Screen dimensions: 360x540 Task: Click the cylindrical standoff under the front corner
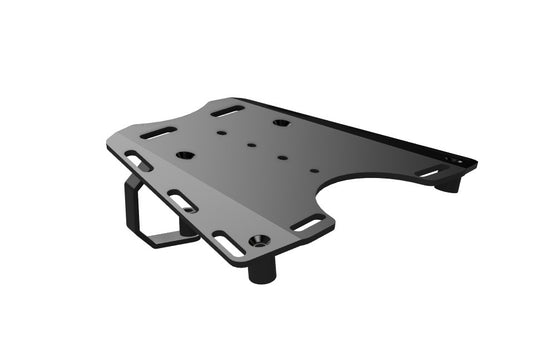point(262,268)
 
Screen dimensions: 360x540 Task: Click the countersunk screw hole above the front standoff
point(260,241)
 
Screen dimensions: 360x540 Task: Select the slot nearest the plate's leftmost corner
point(134,158)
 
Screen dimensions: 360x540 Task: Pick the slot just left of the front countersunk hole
point(228,240)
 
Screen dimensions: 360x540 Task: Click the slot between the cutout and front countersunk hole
point(309,221)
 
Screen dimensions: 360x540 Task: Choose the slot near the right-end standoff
point(428,173)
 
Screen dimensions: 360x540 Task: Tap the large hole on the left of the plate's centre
point(185,155)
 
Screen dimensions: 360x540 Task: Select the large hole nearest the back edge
point(281,123)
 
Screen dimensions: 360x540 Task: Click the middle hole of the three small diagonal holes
point(250,144)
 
